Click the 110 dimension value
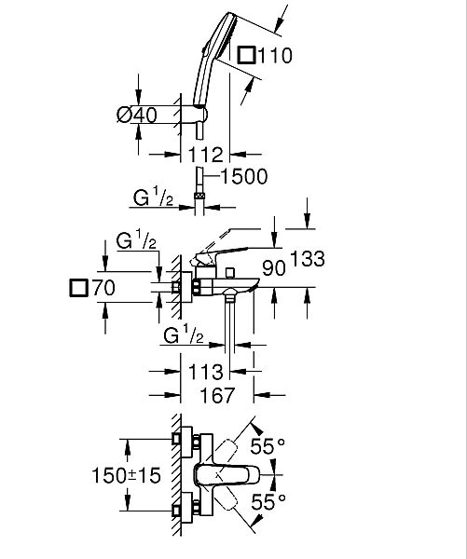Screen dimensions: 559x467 pos(275,56)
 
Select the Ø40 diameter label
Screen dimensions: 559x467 pos(136,115)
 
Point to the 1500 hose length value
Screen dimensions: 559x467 pos(245,176)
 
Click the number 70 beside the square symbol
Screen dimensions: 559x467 pos(103,288)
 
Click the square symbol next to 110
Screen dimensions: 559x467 pos(247,56)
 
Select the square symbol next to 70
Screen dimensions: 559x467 pos(79,288)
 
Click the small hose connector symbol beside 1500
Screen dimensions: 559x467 pos(199,196)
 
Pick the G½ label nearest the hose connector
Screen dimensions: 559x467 pos(152,199)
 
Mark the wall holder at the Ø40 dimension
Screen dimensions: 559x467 pos(197,115)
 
